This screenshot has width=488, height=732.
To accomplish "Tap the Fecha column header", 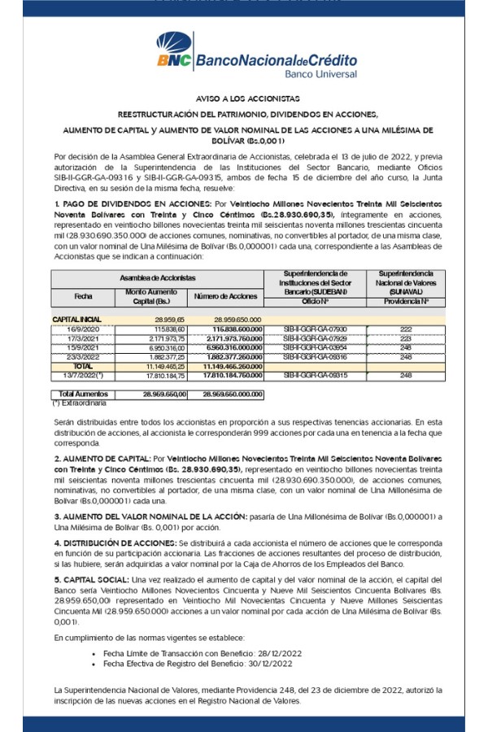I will (x=84, y=297).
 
